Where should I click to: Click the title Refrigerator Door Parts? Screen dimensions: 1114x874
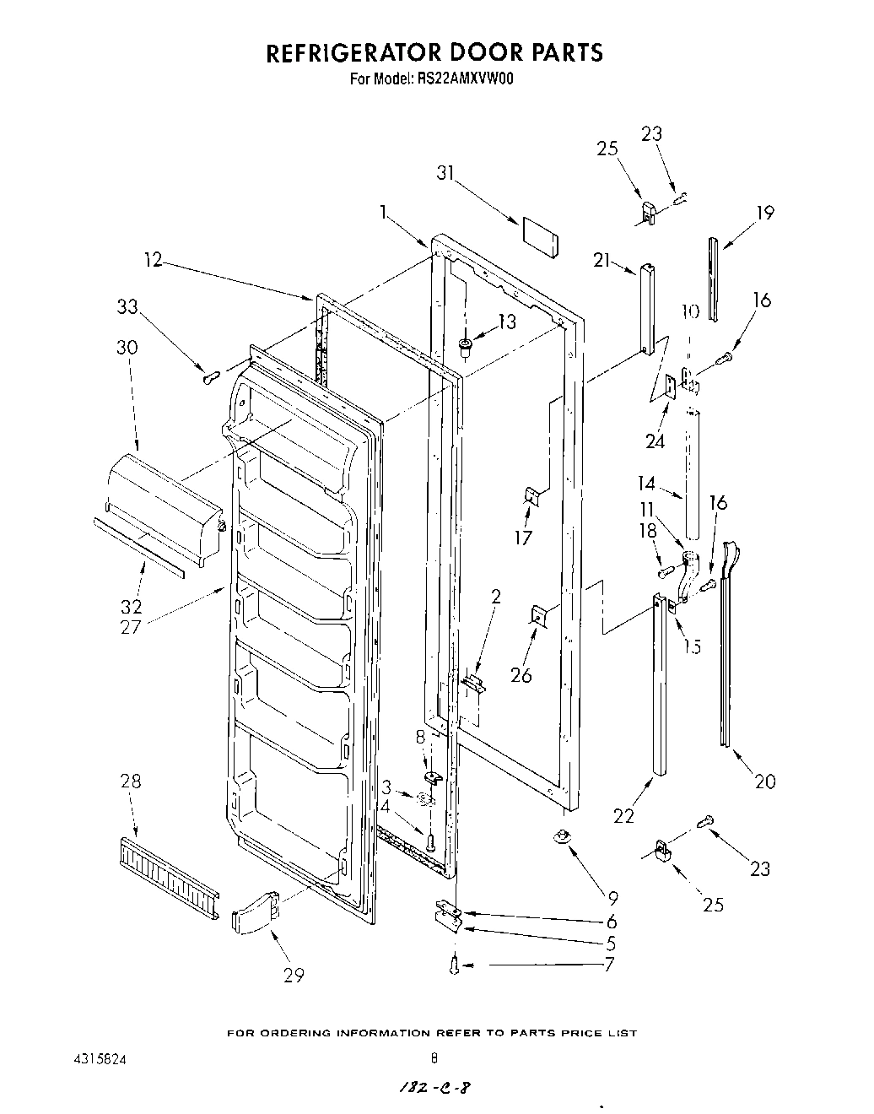pyautogui.click(x=434, y=52)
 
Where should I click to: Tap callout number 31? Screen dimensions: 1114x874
pyautogui.click(x=445, y=174)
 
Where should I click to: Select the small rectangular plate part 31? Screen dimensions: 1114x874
pyautogui.click(x=540, y=235)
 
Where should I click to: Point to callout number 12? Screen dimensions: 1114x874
pyautogui.click(x=153, y=261)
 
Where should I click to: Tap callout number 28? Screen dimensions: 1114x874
pyautogui.click(x=131, y=781)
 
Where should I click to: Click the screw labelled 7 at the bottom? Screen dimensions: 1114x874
pyautogui.click(x=456, y=963)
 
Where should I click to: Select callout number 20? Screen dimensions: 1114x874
pyautogui.click(x=764, y=781)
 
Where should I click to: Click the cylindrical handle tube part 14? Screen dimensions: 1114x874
pyautogui.click(x=693, y=473)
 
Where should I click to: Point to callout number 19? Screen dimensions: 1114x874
pyautogui.click(x=764, y=213)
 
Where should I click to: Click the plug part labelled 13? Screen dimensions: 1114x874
pyautogui.click(x=465, y=344)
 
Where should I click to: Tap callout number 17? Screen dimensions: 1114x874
pyautogui.click(x=523, y=538)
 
